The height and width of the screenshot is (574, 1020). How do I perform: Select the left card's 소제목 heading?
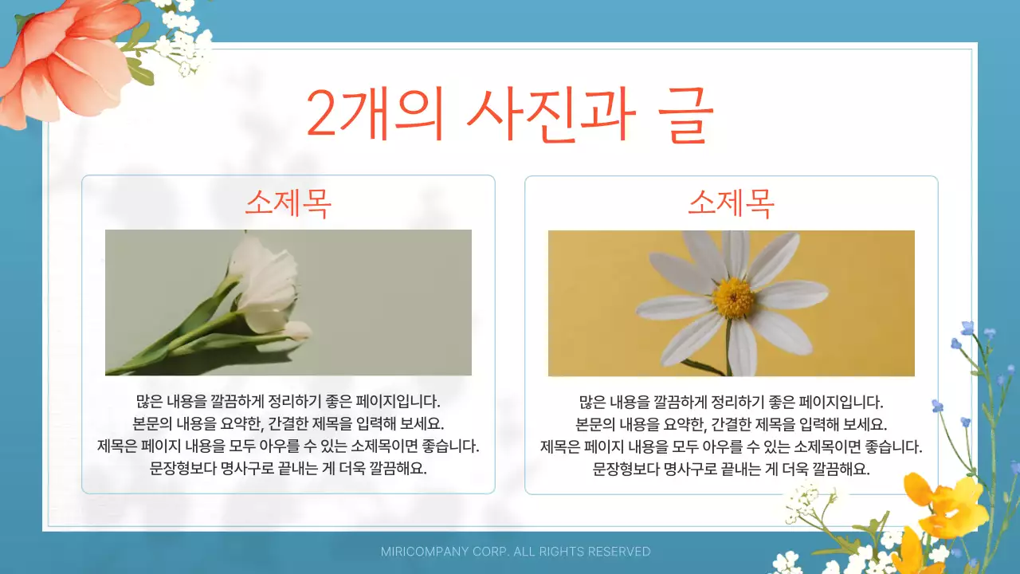(x=288, y=204)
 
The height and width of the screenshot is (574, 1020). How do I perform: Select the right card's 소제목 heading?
(x=731, y=204)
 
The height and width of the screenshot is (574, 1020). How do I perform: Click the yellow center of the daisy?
(x=733, y=297)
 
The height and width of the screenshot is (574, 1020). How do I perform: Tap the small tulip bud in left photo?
(x=296, y=330)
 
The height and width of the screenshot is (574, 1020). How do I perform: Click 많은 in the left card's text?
(x=150, y=401)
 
